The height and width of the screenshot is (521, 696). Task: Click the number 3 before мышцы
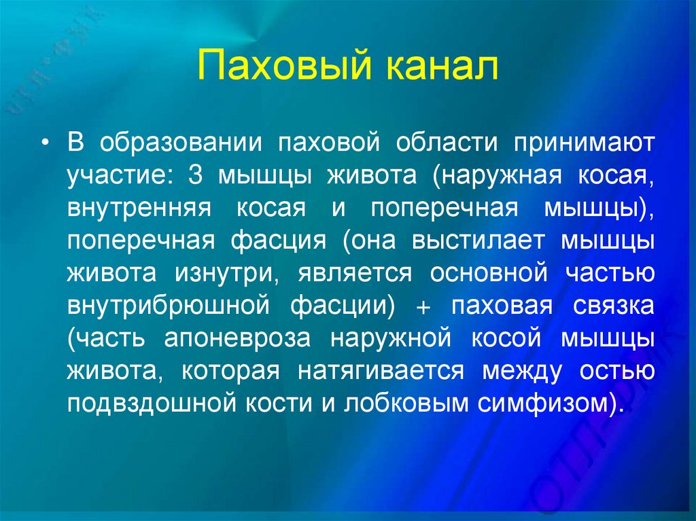point(196,176)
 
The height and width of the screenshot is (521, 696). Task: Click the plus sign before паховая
point(422,306)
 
